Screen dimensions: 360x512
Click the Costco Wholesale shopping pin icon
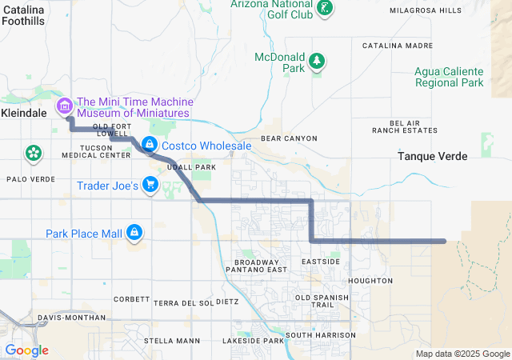click(149, 144)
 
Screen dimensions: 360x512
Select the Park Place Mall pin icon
click(134, 233)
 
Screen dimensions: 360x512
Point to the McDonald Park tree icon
click(318, 61)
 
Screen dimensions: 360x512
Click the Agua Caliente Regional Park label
click(449, 76)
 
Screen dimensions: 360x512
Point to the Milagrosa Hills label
click(425, 10)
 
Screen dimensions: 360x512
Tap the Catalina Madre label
click(398, 46)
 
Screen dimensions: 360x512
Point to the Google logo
click(27, 350)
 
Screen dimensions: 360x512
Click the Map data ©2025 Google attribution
click(462, 354)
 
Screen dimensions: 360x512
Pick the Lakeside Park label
click(254, 341)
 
